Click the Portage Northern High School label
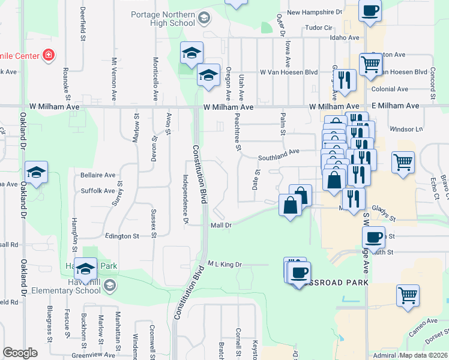coord(163,19)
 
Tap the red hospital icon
coord(49,56)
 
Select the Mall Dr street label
coord(220,226)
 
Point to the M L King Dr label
coord(224,264)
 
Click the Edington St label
coord(122,236)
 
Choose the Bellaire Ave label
coord(98,175)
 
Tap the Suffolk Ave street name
coord(97,191)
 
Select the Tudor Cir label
coord(319,28)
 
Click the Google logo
coord(20,353)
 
